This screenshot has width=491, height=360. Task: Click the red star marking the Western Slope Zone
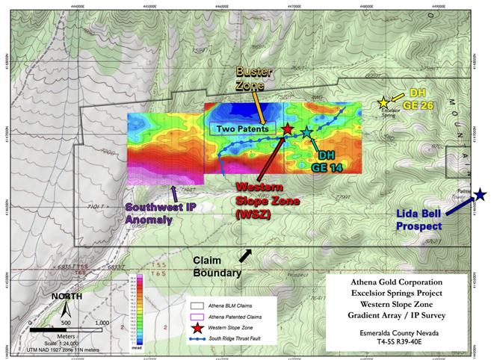click(x=288, y=129)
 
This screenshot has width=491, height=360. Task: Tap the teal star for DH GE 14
click(x=307, y=132)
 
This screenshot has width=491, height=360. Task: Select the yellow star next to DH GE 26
click(x=383, y=102)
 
